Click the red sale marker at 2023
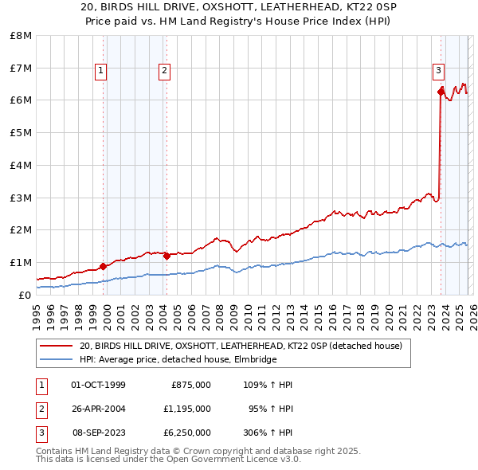[441, 92]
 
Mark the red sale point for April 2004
[167, 256]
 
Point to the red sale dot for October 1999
[103, 266]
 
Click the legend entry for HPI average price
[177, 359]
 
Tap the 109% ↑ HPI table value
[268, 385]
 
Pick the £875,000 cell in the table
[191, 385]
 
